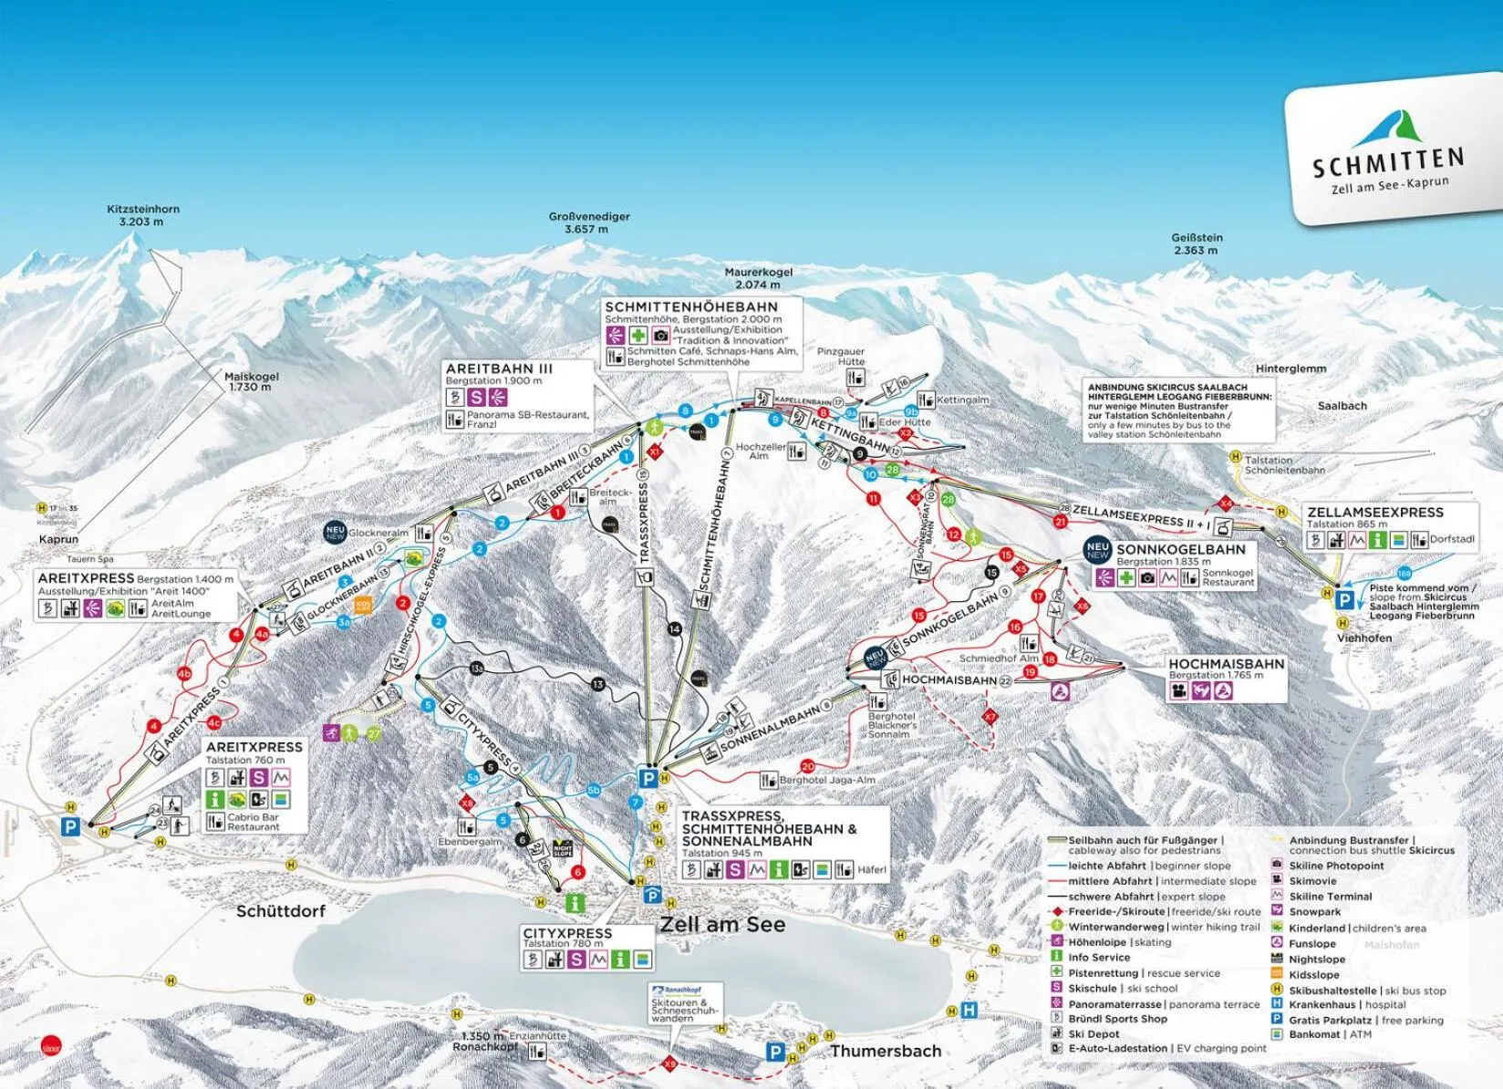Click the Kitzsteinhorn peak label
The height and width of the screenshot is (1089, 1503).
[143, 214]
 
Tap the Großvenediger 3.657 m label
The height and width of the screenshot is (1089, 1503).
[588, 223]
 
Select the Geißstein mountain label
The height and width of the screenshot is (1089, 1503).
[1197, 244]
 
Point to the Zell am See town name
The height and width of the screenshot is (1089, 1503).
[721, 924]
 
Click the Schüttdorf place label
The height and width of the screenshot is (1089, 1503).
[280, 911]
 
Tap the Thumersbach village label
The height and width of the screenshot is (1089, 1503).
[885, 1052]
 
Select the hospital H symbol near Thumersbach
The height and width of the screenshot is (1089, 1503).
[969, 1010]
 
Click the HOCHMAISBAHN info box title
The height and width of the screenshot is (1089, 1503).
[1226, 664]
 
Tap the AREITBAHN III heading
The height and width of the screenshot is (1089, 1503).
[499, 368]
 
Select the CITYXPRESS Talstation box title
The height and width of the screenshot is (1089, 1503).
[566, 934]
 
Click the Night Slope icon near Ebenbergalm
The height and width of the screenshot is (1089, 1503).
[564, 849]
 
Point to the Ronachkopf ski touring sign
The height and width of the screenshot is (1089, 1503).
[685, 1003]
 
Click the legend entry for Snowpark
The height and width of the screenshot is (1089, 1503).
[1313, 912]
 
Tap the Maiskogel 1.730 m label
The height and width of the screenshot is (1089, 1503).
[251, 381]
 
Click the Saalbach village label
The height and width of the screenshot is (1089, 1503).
[1342, 405]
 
